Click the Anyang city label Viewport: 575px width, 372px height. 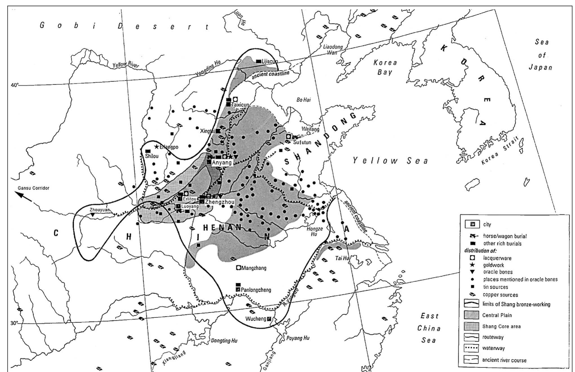222,162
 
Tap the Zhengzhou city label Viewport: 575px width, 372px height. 220,202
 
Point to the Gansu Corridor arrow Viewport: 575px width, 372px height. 23,196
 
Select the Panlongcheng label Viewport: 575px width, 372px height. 256,290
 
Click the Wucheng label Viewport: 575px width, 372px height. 256,319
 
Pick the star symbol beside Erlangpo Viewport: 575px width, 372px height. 157,146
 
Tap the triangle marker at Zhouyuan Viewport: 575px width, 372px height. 93,215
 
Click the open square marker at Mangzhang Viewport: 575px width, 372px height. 238,267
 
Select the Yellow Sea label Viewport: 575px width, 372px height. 390,161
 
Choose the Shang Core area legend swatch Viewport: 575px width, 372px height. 471,326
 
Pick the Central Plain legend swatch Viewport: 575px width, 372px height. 471,315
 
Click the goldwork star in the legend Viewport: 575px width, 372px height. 472,265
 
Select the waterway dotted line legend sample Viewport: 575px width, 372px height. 471,348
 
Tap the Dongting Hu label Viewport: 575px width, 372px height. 224,341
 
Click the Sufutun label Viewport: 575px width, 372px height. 302,142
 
